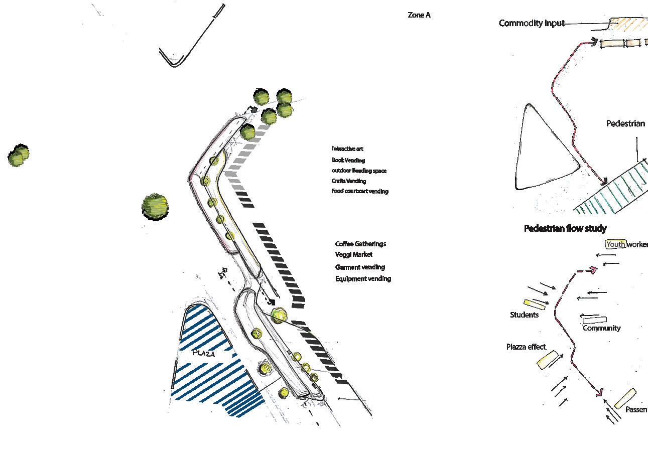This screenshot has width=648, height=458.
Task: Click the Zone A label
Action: [x=419, y=16]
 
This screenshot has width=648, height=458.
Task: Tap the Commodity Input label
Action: [x=531, y=23]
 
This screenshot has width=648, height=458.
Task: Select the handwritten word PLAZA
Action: [x=204, y=353]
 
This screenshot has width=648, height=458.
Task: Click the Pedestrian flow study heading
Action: [x=565, y=229]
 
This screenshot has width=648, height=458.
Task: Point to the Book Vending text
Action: [x=348, y=160]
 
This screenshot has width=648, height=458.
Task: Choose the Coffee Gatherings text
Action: [x=360, y=244]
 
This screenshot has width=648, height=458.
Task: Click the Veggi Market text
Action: [x=354, y=255]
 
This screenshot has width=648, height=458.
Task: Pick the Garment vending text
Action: [x=360, y=267]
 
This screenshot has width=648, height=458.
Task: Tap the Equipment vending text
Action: [x=363, y=279]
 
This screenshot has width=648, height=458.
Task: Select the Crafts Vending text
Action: [x=348, y=181]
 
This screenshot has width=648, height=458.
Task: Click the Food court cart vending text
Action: [x=359, y=191]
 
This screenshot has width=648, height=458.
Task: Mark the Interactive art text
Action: [x=347, y=149]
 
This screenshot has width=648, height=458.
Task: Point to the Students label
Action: [x=524, y=315]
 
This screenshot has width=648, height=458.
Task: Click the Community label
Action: [x=601, y=328]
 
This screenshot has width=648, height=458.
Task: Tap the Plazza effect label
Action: [x=526, y=347]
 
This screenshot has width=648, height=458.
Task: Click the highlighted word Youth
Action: [x=615, y=244]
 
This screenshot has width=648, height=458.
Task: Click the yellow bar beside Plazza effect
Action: [x=548, y=360]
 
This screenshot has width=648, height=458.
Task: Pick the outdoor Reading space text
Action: [x=359, y=171]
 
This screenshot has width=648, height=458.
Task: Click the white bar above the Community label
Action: [x=594, y=319]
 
